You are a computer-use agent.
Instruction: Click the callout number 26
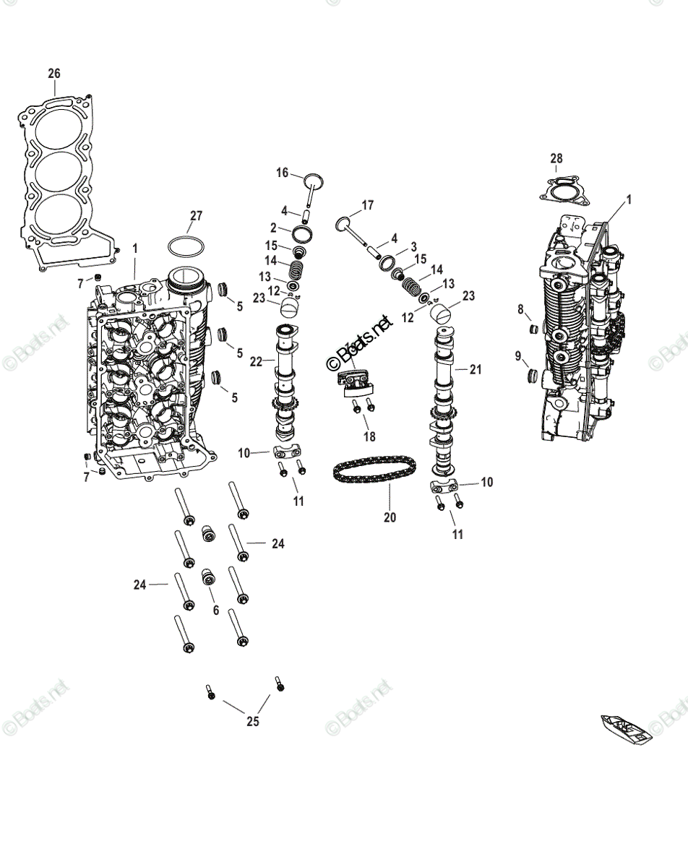[54, 74]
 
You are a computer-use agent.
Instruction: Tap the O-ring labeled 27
[184, 246]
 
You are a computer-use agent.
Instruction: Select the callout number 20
[390, 517]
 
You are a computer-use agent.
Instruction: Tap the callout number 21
[475, 349]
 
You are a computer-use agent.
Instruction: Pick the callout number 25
[252, 721]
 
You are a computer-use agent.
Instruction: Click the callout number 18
[369, 436]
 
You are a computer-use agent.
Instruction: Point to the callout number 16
[282, 173]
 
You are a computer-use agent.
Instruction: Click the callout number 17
[367, 206]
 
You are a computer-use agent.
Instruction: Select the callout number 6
[215, 611]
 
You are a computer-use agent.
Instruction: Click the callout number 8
[520, 310]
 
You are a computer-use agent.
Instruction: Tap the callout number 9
[518, 355]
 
